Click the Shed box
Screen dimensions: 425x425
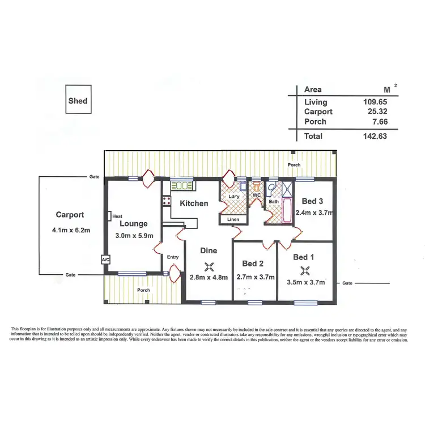[x=78, y=101]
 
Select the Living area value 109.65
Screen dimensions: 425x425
[x=375, y=102]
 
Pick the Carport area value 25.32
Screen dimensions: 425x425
[x=376, y=112]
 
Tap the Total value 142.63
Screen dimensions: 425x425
[x=375, y=136]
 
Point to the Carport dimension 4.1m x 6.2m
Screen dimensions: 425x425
[x=70, y=231]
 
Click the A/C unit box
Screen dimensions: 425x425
[x=105, y=259]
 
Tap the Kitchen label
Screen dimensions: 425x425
[x=194, y=203]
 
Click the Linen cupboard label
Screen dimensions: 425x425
[x=233, y=219]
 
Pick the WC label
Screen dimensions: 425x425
[x=256, y=195]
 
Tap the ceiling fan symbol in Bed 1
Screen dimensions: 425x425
[x=305, y=270]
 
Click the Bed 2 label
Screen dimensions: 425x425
[x=253, y=263]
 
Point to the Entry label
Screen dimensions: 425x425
[x=173, y=257]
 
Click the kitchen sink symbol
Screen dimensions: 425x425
[x=182, y=185]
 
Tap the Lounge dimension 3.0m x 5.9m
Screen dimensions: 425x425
[x=134, y=236]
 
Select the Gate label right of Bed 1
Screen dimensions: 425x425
[x=347, y=283]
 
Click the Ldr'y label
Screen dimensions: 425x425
[x=233, y=197]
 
